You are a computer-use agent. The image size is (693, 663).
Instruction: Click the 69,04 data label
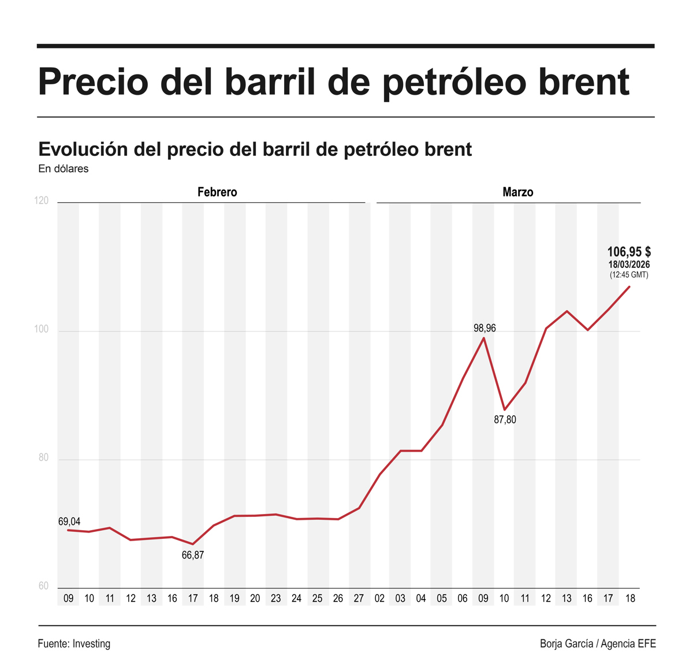[x=69, y=522]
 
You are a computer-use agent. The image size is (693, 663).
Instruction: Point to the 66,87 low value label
[x=193, y=555]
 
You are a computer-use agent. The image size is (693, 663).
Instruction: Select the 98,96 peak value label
[x=485, y=328]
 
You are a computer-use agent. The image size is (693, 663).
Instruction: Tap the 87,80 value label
[x=505, y=420]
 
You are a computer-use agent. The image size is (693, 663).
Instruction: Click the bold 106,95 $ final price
[x=629, y=252]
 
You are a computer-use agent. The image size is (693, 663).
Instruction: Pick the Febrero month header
[x=217, y=192]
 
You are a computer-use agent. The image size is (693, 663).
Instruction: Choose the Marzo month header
[x=517, y=192]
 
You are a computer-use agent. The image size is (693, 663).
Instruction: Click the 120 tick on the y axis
[x=42, y=201]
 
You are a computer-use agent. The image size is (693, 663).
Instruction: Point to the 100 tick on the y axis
[x=42, y=330]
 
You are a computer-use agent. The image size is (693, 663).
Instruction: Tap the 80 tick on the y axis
[x=43, y=458]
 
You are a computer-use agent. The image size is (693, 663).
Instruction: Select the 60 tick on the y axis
[x=43, y=586]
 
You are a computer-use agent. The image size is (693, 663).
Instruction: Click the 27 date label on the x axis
[x=359, y=598]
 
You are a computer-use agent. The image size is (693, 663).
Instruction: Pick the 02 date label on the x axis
[x=379, y=598]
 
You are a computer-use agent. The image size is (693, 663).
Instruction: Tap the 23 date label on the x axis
[x=276, y=598]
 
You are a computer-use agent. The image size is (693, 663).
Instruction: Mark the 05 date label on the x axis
[x=442, y=598]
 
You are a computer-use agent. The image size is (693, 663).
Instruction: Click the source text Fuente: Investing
[x=74, y=643]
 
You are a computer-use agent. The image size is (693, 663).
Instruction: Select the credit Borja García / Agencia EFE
[x=598, y=643]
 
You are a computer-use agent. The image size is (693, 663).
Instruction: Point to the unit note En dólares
[x=64, y=169]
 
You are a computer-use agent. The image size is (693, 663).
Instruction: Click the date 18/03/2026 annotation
[x=629, y=265]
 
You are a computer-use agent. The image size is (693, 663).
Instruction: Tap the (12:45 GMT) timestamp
[x=629, y=275]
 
